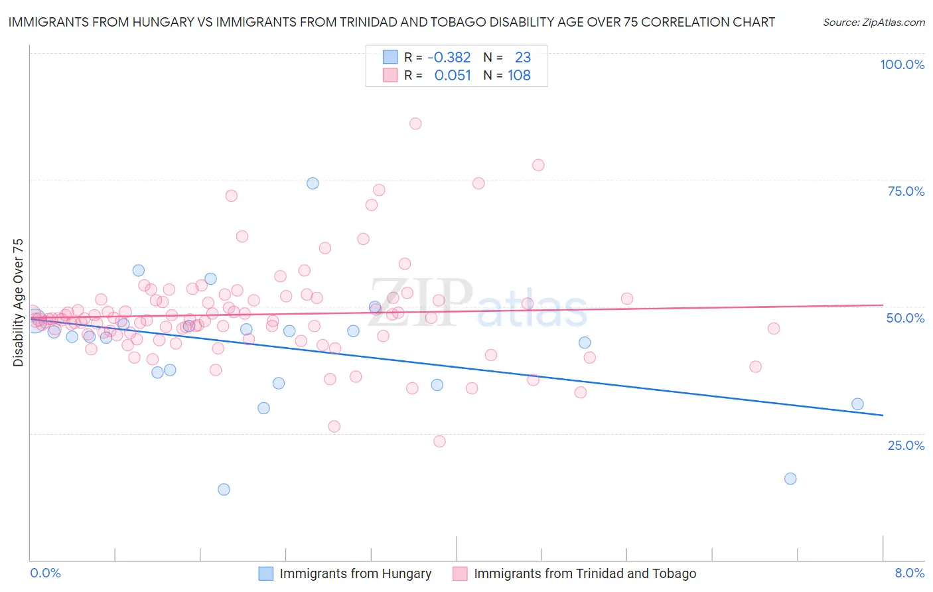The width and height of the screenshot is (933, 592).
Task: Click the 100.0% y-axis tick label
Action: (x=902, y=64)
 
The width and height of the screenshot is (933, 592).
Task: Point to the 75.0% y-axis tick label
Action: (x=906, y=191)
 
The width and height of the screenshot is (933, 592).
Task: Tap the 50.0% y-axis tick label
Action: (x=905, y=318)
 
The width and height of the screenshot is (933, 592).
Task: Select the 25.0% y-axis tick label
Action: (x=906, y=445)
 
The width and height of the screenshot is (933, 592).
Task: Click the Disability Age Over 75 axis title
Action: (x=19, y=303)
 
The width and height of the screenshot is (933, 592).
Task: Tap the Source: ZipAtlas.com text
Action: (x=873, y=23)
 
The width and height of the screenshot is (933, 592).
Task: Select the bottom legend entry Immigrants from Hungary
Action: (x=355, y=574)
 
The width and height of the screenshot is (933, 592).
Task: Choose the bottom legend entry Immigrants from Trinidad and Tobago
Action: (x=585, y=574)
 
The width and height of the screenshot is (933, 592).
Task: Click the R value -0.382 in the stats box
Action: (x=449, y=58)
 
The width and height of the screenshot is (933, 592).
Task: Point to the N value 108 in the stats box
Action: (x=519, y=76)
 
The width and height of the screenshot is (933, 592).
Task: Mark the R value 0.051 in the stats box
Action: (x=453, y=76)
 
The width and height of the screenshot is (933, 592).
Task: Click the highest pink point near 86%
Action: (x=415, y=123)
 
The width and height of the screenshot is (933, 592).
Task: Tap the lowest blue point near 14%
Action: (x=224, y=490)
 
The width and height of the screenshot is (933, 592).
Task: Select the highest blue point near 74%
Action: (x=313, y=183)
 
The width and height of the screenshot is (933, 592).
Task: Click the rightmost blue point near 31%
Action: (x=857, y=404)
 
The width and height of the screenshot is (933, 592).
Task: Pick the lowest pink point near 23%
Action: (x=439, y=441)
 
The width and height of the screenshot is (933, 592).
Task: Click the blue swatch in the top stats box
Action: (x=390, y=57)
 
